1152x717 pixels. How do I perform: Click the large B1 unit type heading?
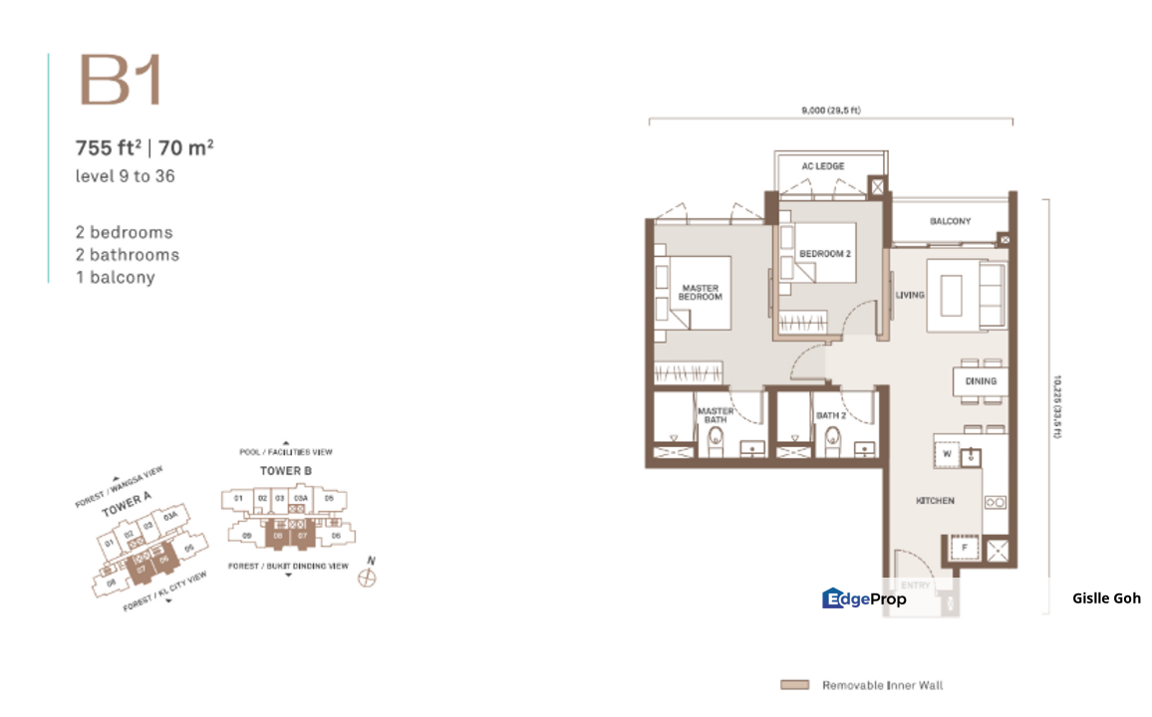tap(121, 81)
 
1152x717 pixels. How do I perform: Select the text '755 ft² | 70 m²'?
tap(145, 149)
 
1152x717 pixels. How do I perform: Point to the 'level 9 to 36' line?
tap(126, 176)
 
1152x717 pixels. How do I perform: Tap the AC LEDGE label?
tap(822, 166)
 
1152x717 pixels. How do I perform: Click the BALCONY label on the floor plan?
tap(950, 221)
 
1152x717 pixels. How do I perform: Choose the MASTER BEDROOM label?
tap(700, 293)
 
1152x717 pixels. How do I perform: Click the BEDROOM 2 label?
tap(825, 254)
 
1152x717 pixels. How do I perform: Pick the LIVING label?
tap(909, 295)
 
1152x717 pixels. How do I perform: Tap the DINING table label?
tap(981, 381)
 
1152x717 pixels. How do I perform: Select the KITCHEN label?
tap(935, 501)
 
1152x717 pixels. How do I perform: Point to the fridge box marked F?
tap(965, 549)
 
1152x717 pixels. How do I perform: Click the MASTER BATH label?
tap(715, 415)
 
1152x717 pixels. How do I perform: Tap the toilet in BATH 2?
tap(834, 439)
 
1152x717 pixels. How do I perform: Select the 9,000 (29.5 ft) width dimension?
tap(830, 111)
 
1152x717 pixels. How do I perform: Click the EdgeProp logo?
tap(864, 598)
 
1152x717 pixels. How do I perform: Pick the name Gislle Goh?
tap(1106, 598)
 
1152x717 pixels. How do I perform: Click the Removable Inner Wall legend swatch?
tap(794, 685)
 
